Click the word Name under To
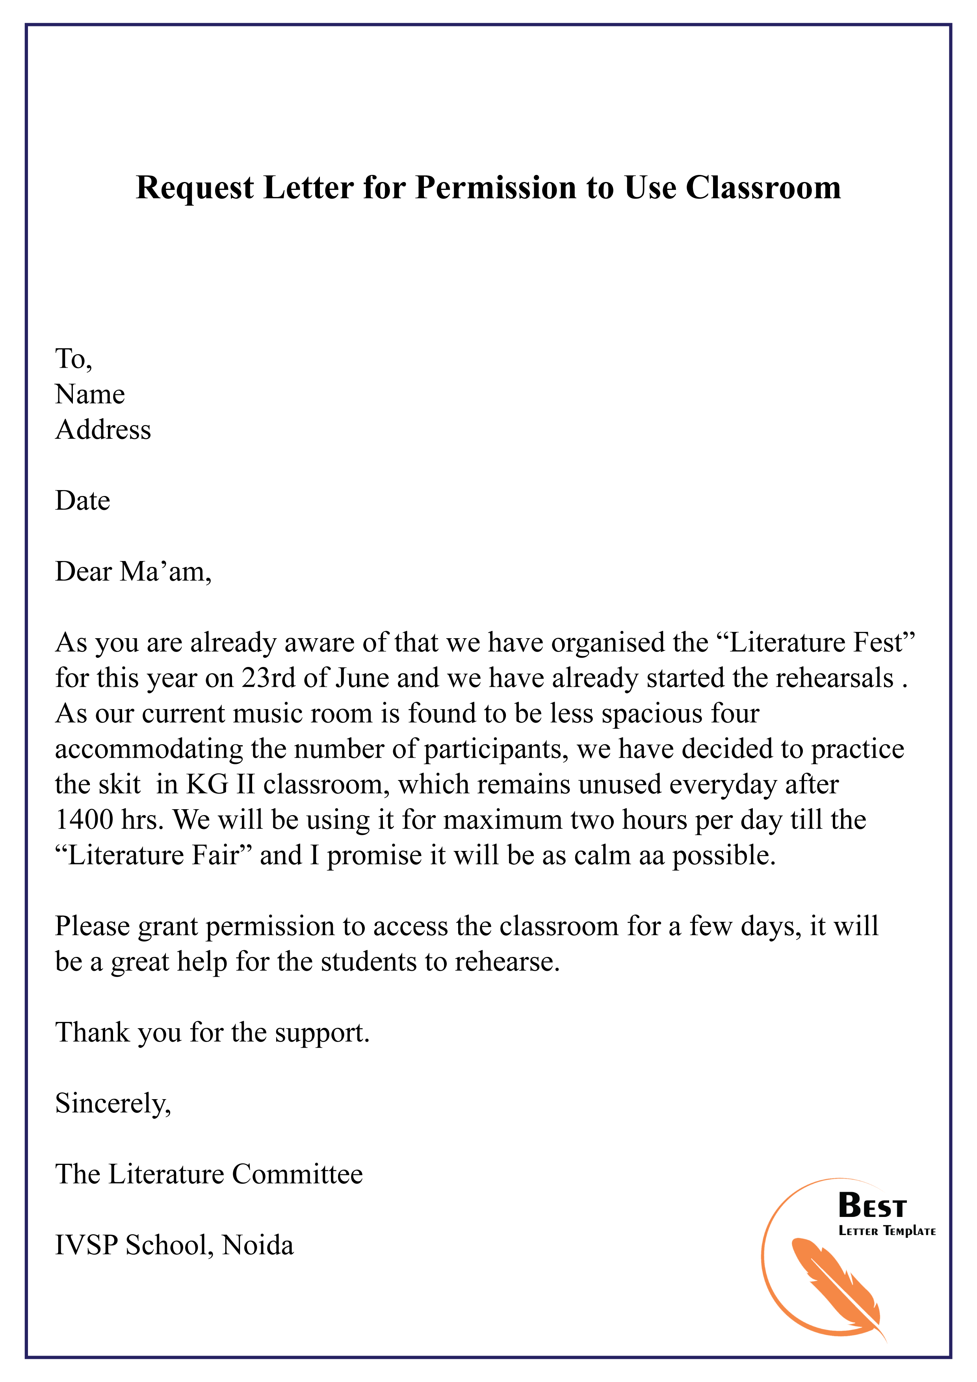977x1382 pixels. pyautogui.click(x=90, y=394)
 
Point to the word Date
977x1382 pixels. pyautogui.click(x=82, y=501)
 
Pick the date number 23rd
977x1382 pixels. pyautogui.click(x=269, y=678)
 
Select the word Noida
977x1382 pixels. pyautogui.click(x=258, y=1245)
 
